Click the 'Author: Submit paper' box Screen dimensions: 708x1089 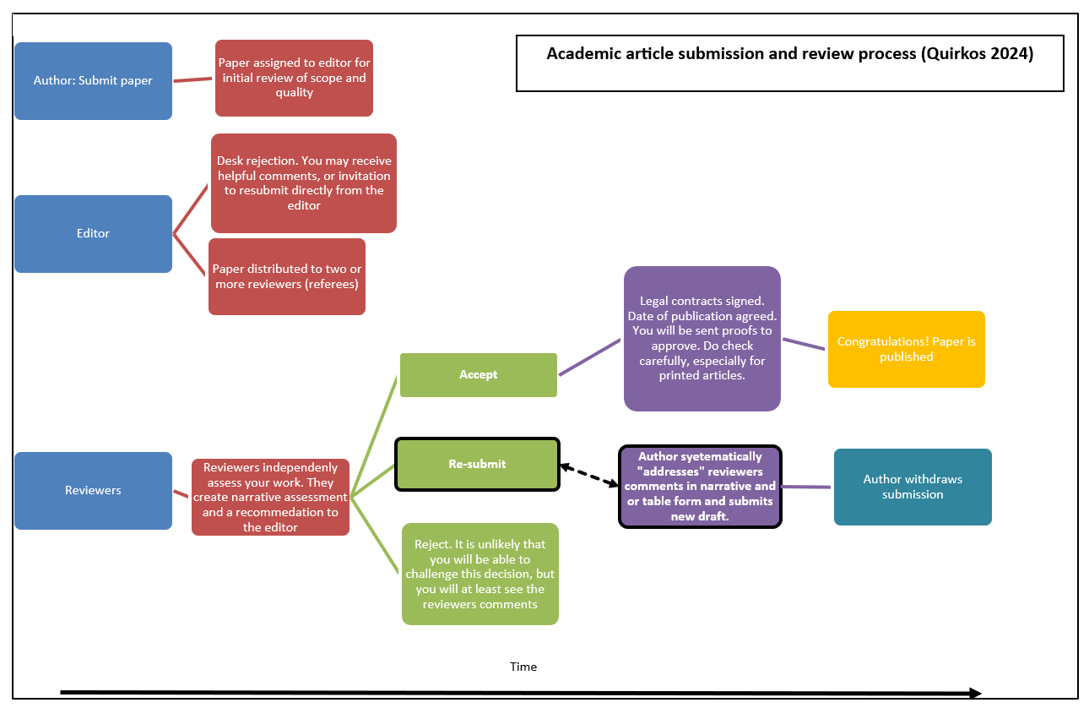(93, 81)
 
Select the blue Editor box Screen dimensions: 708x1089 (93, 234)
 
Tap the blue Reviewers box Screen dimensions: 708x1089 (93, 491)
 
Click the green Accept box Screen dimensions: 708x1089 (478, 375)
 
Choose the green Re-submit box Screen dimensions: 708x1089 (477, 464)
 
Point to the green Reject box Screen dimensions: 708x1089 (479, 575)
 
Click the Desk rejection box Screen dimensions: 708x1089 (303, 183)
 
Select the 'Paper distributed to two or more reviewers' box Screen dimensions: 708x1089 (286, 277)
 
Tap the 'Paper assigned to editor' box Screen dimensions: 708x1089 (294, 78)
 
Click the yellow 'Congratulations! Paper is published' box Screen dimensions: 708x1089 (906, 350)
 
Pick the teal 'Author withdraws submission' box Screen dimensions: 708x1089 (912, 487)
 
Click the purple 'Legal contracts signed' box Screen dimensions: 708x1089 (702, 339)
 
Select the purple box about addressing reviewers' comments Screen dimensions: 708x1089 (700, 487)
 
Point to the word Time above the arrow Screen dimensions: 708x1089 (523, 667)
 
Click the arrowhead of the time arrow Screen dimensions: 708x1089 (975, 693)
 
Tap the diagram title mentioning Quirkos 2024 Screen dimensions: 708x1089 (789, 54)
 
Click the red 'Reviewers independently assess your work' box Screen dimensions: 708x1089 (270, 497)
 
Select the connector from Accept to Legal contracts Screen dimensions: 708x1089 (590, 357)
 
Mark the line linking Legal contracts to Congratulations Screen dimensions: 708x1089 (804, 344)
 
